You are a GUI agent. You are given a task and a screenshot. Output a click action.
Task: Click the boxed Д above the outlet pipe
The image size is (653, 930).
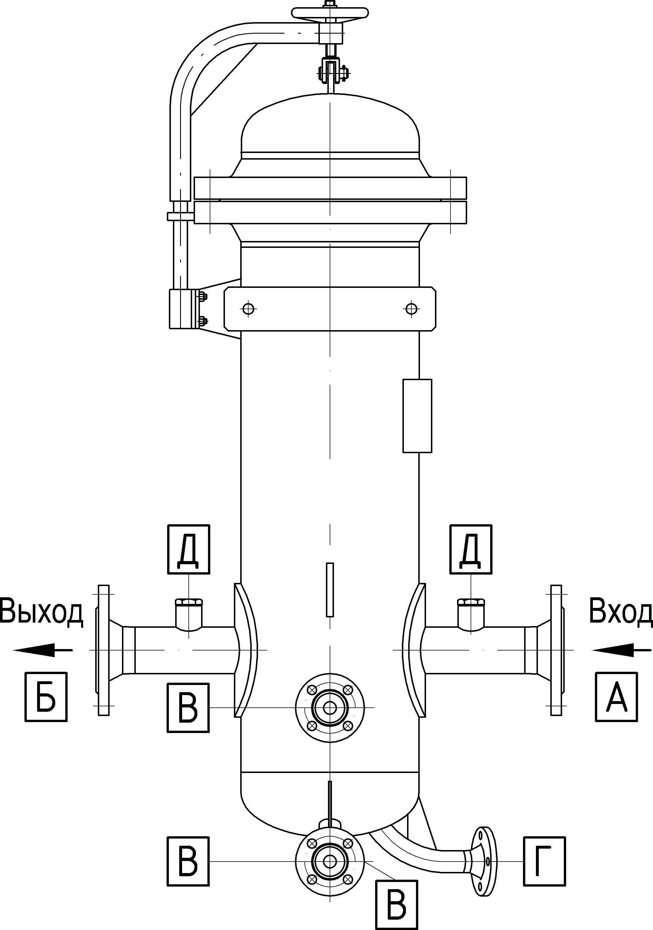click(188, 549)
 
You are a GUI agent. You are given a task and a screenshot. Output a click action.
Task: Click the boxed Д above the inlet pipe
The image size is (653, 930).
click(471, 549)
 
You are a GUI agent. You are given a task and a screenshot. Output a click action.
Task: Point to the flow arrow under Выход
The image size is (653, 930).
click(43, 650)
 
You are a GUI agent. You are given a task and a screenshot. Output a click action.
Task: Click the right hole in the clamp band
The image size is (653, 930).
click(412, 309)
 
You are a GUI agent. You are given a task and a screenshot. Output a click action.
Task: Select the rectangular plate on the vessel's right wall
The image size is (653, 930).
click(417, 416)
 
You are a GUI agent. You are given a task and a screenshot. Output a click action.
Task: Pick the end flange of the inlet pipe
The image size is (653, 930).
click(557, 650)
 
